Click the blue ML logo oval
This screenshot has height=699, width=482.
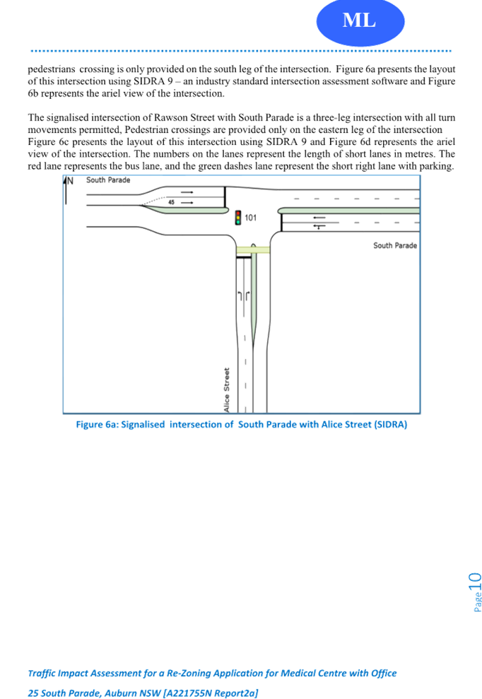(360, 21)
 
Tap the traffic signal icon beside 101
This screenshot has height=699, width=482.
(238, 218)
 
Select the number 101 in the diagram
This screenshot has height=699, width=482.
(251, 218)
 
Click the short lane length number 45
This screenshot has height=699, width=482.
(171, 202)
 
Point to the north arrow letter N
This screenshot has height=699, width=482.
(70, 180)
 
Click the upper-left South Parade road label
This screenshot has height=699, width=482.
(108, 180)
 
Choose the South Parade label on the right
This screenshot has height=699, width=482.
(395, 245)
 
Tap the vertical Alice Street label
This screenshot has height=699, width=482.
(226, 389)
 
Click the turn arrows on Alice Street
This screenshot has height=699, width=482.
(243, 296)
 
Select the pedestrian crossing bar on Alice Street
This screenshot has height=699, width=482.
(253, 249)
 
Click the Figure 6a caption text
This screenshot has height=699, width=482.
(241, 424)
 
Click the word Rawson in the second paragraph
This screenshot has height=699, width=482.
(171, 118)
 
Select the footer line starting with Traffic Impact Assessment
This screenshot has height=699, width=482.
(212, 673)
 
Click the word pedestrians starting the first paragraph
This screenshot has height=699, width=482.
(52, 69)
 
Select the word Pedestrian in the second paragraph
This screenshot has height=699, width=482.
(146, 130)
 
